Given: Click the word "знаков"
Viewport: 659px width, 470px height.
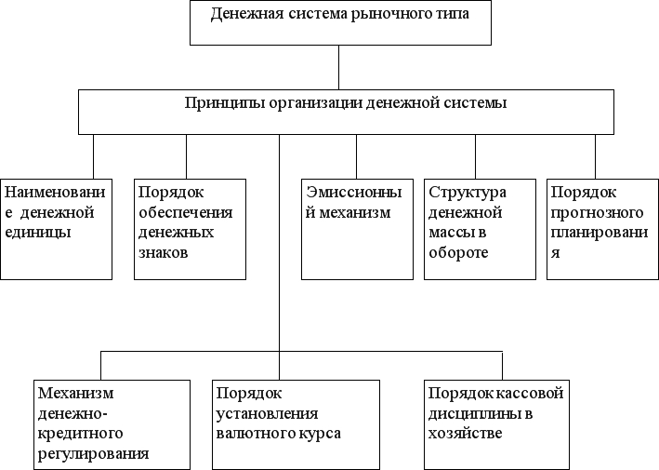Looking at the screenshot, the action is click(163, 253).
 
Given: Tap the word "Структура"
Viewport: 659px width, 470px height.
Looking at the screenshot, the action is click(468, 194).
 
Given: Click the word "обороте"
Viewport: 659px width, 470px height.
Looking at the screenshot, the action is click(458, 252).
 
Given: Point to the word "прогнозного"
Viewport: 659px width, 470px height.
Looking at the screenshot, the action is click(598, 213).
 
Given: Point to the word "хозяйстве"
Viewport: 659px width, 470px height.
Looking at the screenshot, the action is click(466, 434).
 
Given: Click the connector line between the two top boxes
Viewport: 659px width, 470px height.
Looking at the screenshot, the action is click(338, 67).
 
